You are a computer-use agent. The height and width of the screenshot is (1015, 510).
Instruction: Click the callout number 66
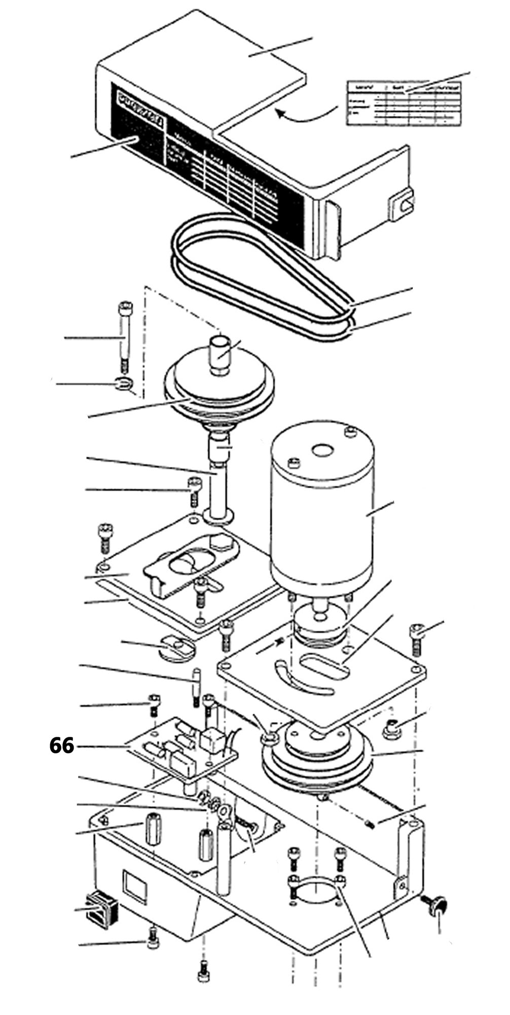(x=61, y=746)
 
